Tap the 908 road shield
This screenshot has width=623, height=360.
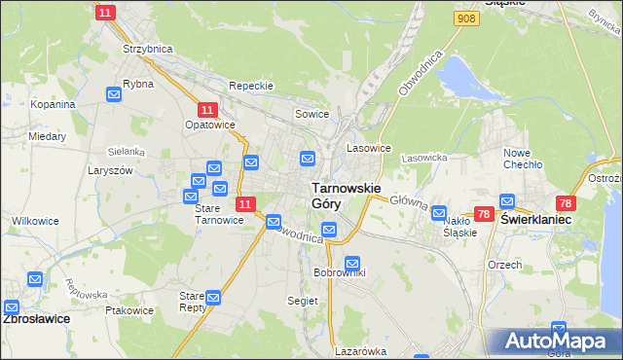coord(465,18)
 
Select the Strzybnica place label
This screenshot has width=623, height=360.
coord(147,48)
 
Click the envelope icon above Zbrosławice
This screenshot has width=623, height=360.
coord(35,280)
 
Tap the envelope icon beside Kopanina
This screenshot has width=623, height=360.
coord(114,94)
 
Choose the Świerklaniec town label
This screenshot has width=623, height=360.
coord(535,220)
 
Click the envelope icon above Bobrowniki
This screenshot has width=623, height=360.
coord(352,263)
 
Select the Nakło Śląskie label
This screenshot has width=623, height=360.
coord(459,227)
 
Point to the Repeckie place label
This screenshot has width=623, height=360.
coord(251,86)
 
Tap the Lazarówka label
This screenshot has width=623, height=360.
coord(361,351)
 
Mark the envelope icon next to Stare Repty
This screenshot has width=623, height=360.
coord(213,297)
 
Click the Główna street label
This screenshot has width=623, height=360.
coord(409,200)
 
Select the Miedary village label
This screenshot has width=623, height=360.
coord(47,137)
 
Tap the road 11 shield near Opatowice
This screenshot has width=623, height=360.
coord(207,111)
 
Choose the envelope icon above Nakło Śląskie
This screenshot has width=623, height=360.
coord(439,212)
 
